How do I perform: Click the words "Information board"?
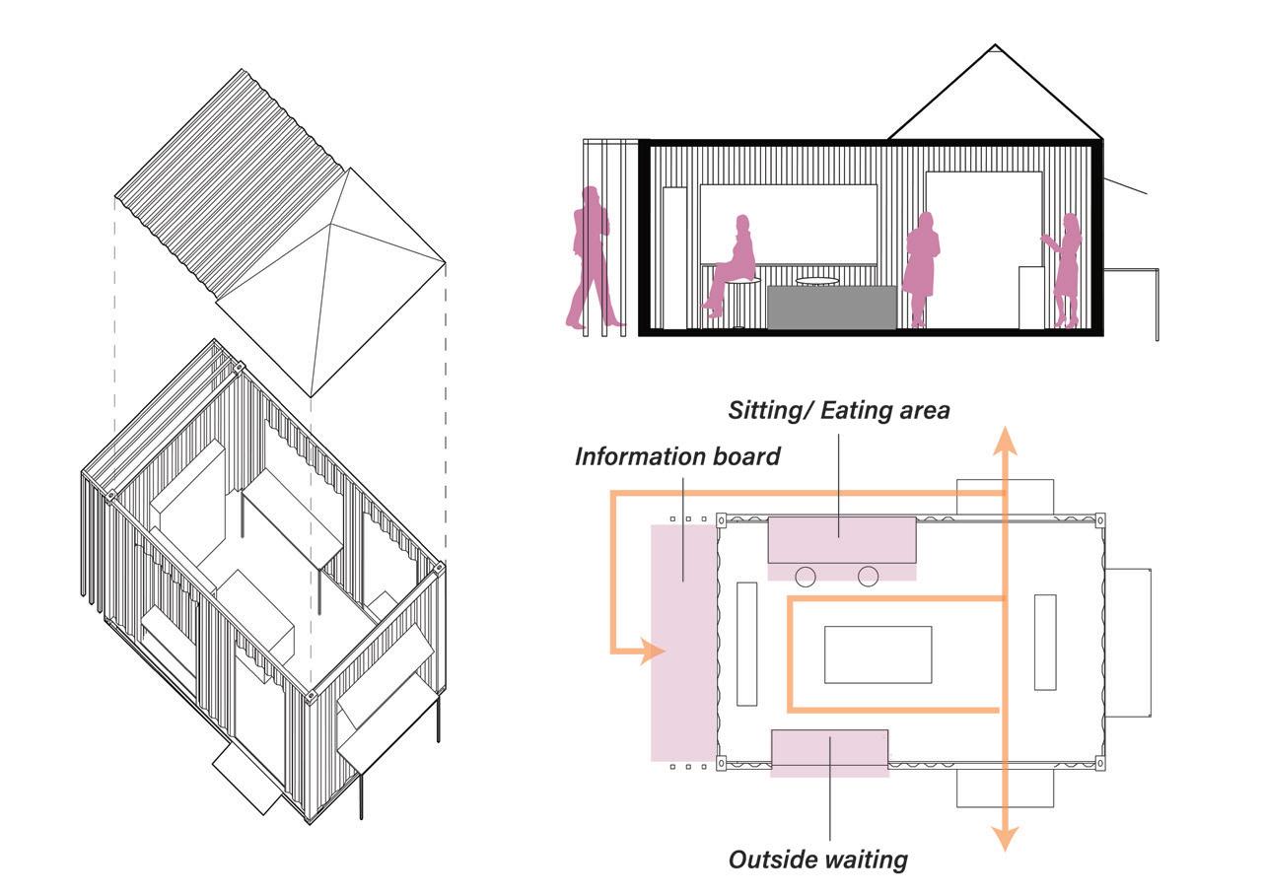(677, 456)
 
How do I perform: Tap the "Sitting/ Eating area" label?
(838, 410)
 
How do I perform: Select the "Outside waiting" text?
(817, 860)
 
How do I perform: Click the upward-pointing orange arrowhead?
(1005, 440)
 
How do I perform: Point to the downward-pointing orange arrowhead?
(1005, 837)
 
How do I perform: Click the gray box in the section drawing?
(831, 307)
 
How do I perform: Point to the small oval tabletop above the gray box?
(817, 281)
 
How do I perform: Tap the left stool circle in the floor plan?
(806, 577)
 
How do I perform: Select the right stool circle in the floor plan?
(868, 577)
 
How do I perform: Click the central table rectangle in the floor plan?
(878, 654)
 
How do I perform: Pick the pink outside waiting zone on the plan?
(829, 752)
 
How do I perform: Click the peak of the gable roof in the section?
(995, 45)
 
